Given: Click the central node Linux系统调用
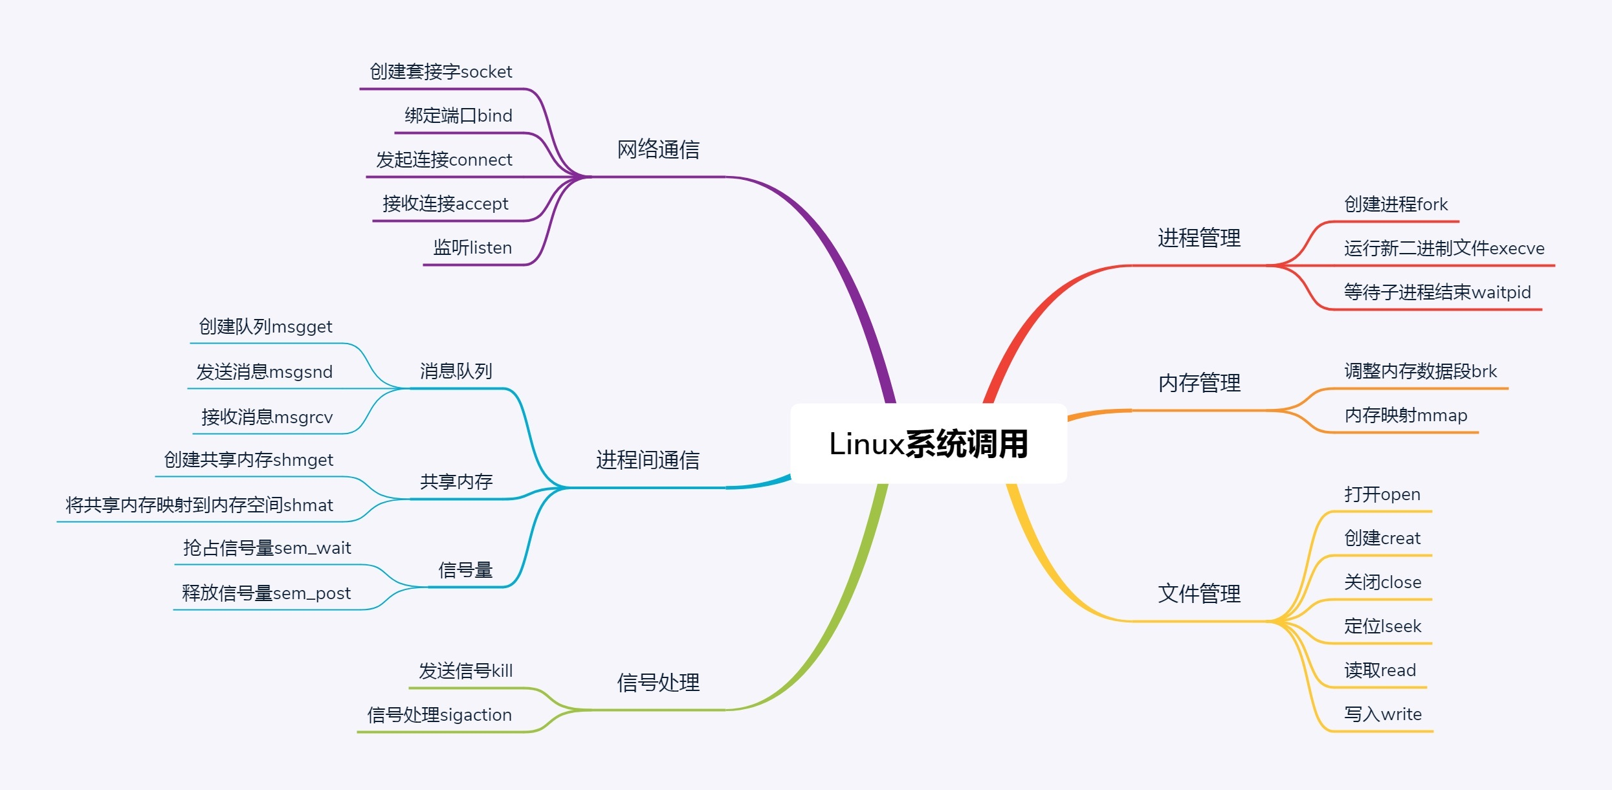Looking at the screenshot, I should click(x=929, y=444).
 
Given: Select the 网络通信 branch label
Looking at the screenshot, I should click(x=658, y=149).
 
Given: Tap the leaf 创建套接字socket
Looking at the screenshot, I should click(x=441, y=72).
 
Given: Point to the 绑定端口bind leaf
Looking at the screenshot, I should click(x=458, y=116).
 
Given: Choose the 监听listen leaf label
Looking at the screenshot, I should click(x=472, y=248).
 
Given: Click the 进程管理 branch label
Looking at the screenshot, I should click(x=1199, y=238).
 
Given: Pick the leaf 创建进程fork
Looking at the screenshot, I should click(x=1396, y=204).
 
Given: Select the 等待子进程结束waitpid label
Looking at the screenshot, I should click(x=1437, y=292).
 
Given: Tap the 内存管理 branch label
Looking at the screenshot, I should click(x=1199, y=383).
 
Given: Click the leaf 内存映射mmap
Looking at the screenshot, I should click(x=1406, y=415).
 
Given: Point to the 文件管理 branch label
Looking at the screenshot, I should click(x=1199, y=593).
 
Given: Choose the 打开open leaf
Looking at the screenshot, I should click(x=1382, y=494).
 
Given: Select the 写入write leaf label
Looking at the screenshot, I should click(x=1383, y=714).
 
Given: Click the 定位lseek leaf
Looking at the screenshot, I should click(x=1383, y=626).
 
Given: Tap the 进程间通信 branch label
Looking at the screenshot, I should click(x=648, y=460).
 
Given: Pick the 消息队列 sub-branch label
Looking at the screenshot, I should click(x=456, y=371).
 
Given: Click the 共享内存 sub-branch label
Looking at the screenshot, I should click(x=456, y=482).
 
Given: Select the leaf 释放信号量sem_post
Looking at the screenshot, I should click(x=267, y=593).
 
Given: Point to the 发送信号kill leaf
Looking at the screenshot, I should click(x=465, y=671).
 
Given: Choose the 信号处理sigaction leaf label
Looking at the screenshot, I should click(x=439, y=715).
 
